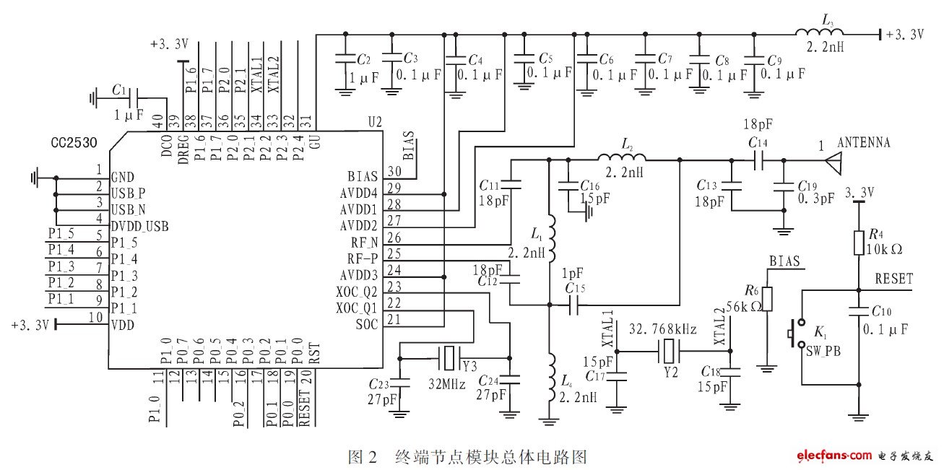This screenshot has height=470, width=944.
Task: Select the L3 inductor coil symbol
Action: click(x=817, y=33)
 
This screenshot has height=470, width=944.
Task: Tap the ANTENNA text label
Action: click(x=863, y=143)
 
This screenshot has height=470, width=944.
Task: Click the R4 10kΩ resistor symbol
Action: click(x=859, y=242)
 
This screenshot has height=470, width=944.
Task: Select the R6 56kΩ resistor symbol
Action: click(x=767, y=298)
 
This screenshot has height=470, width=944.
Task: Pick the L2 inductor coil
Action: click(x=621, y=160)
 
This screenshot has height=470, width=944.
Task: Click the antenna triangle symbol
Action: click(x=831, y=162)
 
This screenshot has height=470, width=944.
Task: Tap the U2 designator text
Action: click(x=375, y=124)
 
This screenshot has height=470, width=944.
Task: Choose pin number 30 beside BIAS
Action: click(x=394, y=170)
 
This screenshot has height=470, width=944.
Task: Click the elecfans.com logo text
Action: click(x=834, y=455)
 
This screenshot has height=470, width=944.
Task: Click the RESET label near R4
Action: click(x=893, y=279)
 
